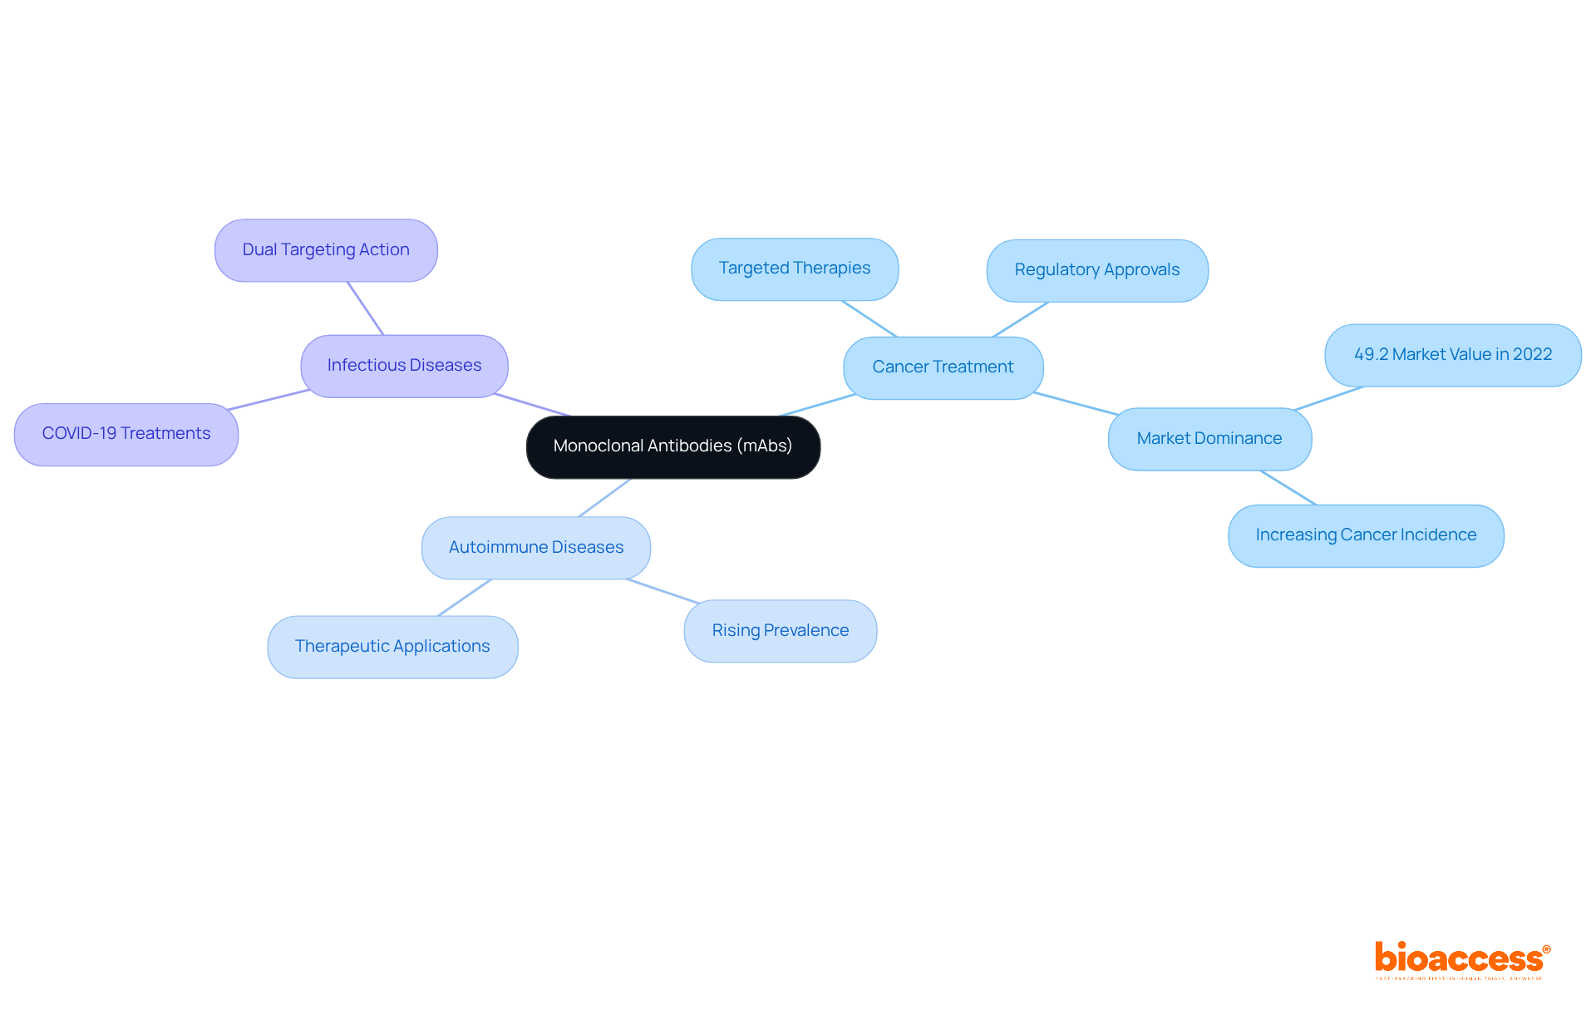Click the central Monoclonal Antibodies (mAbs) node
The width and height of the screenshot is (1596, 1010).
click(x=672, y=446)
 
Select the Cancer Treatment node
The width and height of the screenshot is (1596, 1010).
click(x=943, y=367)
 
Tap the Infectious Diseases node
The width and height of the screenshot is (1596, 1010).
click(x=404, y=366)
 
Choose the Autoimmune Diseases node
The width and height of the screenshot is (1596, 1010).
click(x=535, y=548)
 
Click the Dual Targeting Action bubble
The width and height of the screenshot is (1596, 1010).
click(x=326, y=250)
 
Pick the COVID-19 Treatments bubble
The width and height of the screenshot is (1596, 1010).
click(x=126, y=434)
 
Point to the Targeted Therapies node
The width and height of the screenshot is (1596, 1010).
click(x=794, y=269)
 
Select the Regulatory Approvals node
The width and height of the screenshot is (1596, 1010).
click(x=1096, y=270)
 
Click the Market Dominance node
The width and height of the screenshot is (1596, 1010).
click(x=1209, y=439)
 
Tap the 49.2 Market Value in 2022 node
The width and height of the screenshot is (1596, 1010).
click(x=1452, y=355)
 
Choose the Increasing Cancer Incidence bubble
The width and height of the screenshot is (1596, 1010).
click(x=1365, y=535)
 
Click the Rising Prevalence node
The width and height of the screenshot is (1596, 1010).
click(x=780, y=631)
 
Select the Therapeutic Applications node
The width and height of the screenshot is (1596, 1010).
click(x=392, y=647)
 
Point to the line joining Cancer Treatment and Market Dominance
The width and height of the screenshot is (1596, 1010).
click(x=1076, y=404)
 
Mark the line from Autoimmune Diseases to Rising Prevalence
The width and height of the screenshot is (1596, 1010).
click(x=663, y=591)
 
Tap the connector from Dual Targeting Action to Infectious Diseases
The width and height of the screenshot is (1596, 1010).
click(x=366, y=308)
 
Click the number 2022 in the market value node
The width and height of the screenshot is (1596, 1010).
click(x=1532, y=355)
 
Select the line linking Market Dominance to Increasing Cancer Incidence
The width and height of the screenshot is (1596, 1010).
click(x=1288, y=488)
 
